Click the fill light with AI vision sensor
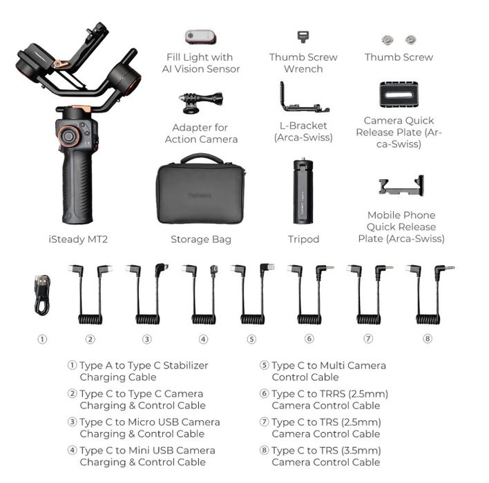click(x=200, y=36)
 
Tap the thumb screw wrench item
click(x=302, y=37)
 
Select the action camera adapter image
click(x=200, y=101)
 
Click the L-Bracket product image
click(x=303, y=99)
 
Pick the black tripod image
click(x=303, y=191)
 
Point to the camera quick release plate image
click(x=399, y=95)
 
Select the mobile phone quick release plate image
click(x=401, y=186)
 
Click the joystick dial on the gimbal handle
click(x=68, y=135)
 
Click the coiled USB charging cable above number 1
click(x=42, y=295)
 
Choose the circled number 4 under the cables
click(x=203, y=339)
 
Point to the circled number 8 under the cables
click(x=428, y=339)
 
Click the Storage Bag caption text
click(x=201, y=239)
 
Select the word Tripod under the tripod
click(x=303, y=239)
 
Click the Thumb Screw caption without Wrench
click(x=399, y=57)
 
